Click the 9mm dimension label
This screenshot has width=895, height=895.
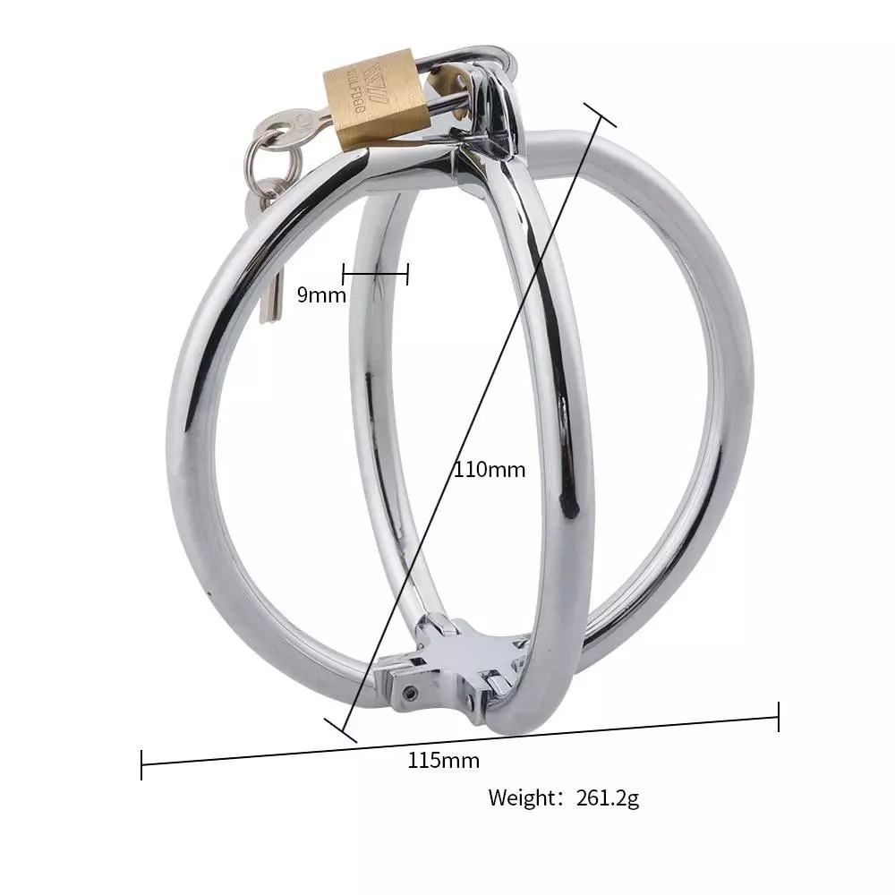tap(321, 294)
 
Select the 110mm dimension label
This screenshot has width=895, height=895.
tap(490, 469)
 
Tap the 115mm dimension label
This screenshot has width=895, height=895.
tap(443, 761)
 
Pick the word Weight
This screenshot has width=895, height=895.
tap(522, 797)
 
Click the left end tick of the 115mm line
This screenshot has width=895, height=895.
tap(141, 765)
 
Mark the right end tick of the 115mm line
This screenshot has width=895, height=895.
tap(779, 716)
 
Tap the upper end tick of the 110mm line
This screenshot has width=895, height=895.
tap(601, 115)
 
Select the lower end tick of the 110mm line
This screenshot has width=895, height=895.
tap(341, 729)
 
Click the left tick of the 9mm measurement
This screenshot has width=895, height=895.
tap(343, 274)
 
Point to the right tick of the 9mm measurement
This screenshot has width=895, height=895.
tap(408, 274)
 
